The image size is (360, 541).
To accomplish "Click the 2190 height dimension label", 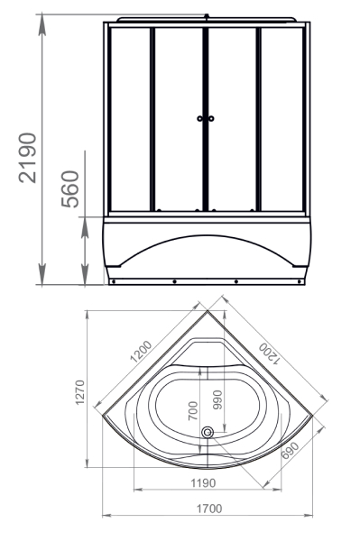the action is [x=28, y=158].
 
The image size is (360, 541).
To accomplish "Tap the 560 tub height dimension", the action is [x=70, y=188].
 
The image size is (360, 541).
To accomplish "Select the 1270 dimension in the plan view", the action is [x=80, y=392].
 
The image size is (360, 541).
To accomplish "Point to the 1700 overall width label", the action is [x=209, y=509].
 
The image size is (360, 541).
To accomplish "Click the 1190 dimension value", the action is [x=203, y=483].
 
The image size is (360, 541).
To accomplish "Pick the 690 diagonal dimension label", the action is [x=290, y=450].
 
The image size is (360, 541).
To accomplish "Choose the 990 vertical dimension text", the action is [x=217, y=399].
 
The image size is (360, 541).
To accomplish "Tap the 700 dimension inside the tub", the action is [x=193, y=410].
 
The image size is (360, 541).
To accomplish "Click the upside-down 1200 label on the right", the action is [x=269, y=353].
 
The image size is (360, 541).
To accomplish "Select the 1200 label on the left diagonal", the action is [x=141, y=351].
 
